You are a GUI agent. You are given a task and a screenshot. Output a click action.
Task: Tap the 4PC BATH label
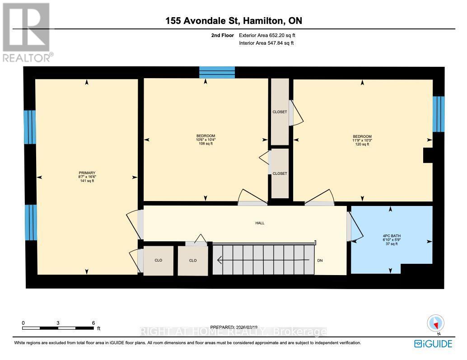click(x=392, y=236)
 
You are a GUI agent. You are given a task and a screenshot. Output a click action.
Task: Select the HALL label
click(x=260, y=223)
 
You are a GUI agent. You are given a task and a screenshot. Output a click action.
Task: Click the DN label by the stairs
click(x=320, y=260)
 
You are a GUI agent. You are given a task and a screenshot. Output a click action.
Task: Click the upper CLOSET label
click(x=280, y=112)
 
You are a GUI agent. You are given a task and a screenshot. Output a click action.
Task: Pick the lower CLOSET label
click(x=280, y=173)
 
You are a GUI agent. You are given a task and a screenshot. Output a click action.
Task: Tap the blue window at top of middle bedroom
click(x=217, y=72)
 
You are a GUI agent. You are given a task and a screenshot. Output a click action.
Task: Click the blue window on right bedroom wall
click(x=439, y=114)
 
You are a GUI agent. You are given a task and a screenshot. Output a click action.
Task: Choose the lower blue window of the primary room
click(x=30, y=222)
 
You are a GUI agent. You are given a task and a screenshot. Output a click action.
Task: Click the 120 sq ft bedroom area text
click(x=362, y=145)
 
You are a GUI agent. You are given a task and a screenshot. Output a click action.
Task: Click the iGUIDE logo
click(x=433, y=344)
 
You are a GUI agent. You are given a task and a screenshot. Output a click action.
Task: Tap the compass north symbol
click(x=435, y=323)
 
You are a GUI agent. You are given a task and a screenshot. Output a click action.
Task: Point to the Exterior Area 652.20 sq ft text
click(x=266, y=35)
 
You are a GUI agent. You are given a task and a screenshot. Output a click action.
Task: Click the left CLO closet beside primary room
click(x=158, y=261)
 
